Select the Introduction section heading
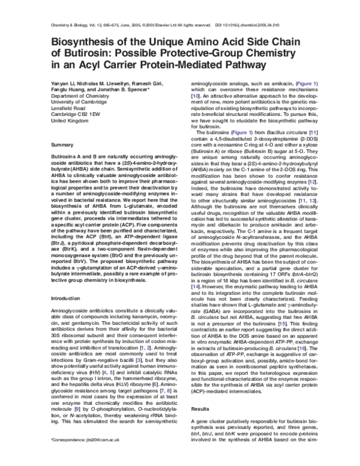67,315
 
